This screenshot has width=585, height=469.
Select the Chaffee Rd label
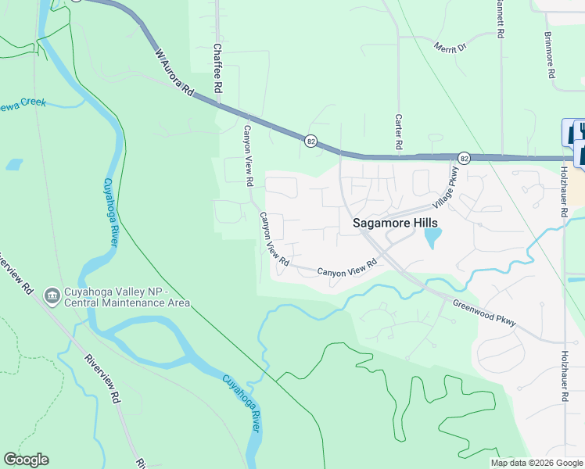217,68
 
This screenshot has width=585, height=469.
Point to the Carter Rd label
398,131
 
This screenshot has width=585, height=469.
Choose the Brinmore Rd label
550,55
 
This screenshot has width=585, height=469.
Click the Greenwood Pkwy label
484,313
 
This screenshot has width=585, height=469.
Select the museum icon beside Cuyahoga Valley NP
52,295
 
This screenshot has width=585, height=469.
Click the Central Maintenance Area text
127,303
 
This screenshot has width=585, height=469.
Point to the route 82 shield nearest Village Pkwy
464,158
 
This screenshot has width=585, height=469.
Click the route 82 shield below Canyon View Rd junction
311,141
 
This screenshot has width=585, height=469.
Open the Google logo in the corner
26,460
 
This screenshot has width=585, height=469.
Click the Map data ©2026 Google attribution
536,463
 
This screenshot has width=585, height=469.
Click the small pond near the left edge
13,165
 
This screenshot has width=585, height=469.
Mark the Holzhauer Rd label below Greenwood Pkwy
563,376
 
